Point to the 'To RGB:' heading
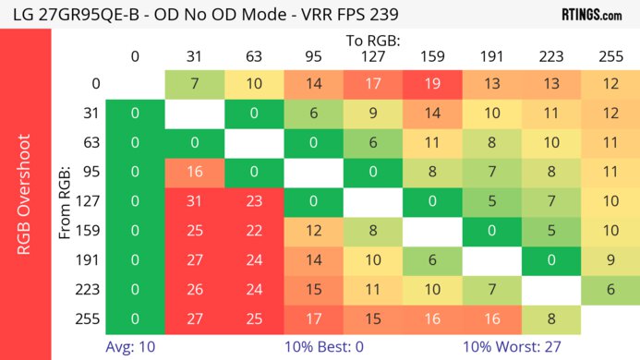pyautogui.click(x=374, y=41)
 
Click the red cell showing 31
pyautogui.click(x=194, y=203)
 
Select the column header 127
pyautogui.click(x=372, y=55)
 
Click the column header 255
pyautogui.click(x=610, y=55)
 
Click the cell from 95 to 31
pyautogui.click(x=194, y=174)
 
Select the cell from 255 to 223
pyautogui.click(x=550, y=320)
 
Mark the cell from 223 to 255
pyautogui.click(x=610, y=291)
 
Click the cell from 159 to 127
pyautogui.click(x=372, y=233)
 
